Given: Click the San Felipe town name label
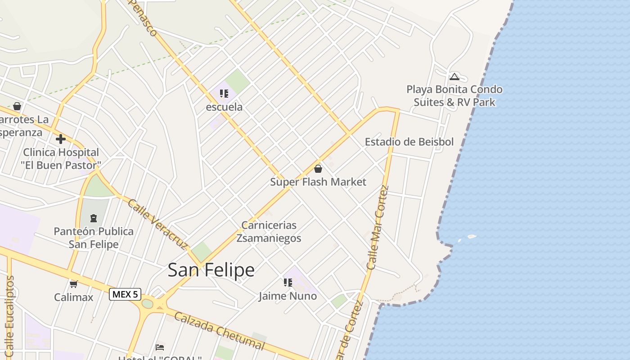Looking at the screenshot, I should point(211,270).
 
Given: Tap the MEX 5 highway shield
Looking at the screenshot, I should point(125,294).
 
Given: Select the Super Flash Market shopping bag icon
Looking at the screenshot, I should point(318,169).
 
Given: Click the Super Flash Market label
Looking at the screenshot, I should point(318,182).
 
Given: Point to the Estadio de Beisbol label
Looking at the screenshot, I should point(409,142).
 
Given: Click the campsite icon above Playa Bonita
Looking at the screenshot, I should point(454,76).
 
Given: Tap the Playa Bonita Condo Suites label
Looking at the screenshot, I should point(454,96).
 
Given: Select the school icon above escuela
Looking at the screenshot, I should point(224,94).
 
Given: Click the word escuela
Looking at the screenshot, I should point(224,107).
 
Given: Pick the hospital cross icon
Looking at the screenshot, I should point(61,139).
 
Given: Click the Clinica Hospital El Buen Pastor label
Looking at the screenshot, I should point(61,159).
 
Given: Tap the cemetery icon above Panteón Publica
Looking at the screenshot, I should point(94,218).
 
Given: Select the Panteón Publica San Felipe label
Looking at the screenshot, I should point(94,238).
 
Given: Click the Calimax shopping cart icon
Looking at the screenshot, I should point(74,284).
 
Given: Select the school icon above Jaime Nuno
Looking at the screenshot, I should point(288,283).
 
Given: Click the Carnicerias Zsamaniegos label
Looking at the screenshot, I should point(269,231).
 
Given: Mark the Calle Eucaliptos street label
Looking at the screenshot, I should point(10,315).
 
